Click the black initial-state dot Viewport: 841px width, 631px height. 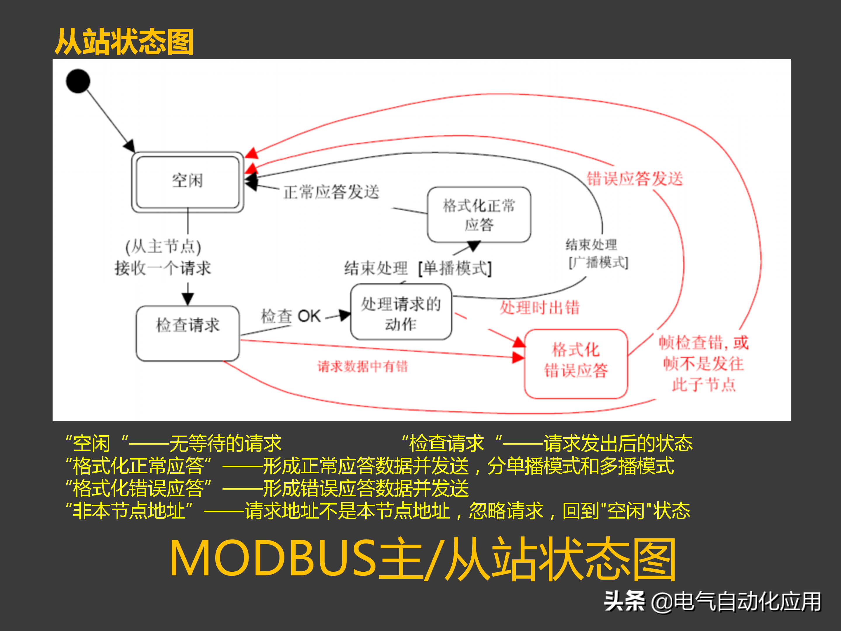pyautogui.click(x=78, y=81)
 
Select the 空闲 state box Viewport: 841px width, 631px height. pyautogui.click(x=187, y=182)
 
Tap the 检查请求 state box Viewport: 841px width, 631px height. pyautogui.click(x=188, y=332)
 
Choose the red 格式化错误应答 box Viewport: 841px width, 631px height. pyautogui.click(x=576, y=363)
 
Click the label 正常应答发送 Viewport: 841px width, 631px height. pyautogui.click(x=331, y=192)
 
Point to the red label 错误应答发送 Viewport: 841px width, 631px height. pyautogui.click(x=635, y=178)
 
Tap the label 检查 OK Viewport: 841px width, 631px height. pyautogui.click(x=291, y=316)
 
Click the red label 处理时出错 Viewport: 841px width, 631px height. pyautogui.click(x=540, y=307)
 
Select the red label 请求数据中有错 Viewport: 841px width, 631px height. pyautogui.click(x=362, y=366)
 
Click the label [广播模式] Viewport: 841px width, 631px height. pyautogui.click(x=598, y=262)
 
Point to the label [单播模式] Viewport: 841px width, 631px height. pyautogui.click(x=455, y=268)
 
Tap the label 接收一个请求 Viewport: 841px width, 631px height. pyautogui.click(x=163, y=268)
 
